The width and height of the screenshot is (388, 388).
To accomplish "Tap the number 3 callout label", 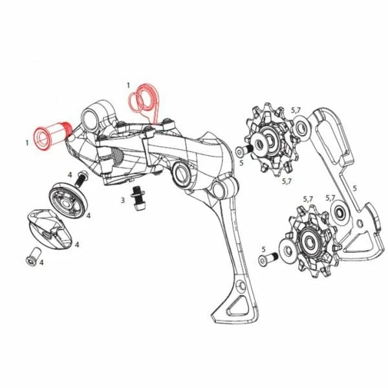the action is click(x=123, y=200).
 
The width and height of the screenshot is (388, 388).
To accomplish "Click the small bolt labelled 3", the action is click(x=137, y=198).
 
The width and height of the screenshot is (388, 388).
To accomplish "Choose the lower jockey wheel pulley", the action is click(x=309, y=242).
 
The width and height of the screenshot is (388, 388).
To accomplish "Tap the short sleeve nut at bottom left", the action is click(x=33, y=257).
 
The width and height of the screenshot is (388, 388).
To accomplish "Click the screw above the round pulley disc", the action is click(x=81, y=179).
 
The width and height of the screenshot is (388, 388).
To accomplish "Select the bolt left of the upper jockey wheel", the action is click(x=244, y=151).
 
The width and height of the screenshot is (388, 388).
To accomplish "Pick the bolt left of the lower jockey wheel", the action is click(x=268, y=258).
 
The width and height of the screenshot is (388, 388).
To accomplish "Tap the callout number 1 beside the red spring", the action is click(x=128, y=85).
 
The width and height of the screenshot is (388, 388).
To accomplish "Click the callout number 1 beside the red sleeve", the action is click(x=27, y=143).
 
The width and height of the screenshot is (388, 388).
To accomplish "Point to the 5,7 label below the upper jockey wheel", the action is click(x=286, y=182).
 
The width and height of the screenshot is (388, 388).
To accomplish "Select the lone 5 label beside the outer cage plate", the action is click(x=354, y=188).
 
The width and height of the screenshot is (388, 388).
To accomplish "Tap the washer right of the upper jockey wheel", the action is click(x=301, y=127).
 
